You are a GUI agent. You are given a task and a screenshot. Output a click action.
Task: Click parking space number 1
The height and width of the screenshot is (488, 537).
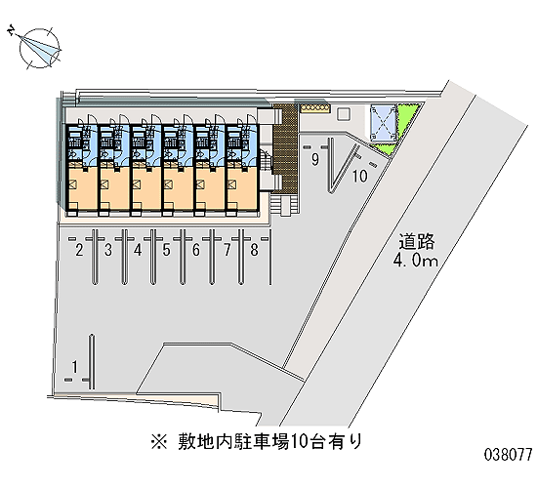74,366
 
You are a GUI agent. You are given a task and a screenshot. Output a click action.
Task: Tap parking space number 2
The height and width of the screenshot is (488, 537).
79,250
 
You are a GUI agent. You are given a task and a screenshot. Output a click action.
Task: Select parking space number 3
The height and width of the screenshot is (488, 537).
108,250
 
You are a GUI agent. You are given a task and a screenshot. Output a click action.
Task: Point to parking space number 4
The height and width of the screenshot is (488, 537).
138,250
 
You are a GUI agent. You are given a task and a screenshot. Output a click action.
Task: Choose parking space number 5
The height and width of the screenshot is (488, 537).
166,250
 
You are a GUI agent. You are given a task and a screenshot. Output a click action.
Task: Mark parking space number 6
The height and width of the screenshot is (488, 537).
196,250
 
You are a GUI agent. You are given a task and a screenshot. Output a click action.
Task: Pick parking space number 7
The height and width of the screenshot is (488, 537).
227,250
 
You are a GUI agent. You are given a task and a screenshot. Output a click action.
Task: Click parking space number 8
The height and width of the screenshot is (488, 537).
254,250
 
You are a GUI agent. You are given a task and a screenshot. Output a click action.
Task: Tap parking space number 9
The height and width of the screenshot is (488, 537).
315,160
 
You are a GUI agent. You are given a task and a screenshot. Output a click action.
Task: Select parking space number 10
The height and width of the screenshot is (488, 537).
360,176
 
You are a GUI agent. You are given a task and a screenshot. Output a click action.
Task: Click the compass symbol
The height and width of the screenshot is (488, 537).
37,47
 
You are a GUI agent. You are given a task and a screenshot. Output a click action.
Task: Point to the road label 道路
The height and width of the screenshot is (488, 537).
417,241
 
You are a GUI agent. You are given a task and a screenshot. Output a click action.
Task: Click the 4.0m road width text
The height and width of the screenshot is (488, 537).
415,261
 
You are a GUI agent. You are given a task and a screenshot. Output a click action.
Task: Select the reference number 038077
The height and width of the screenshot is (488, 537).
509,455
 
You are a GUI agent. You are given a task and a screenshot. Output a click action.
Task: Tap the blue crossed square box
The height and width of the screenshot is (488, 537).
384,123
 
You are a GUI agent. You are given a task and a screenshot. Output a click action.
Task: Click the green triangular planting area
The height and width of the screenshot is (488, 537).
400,130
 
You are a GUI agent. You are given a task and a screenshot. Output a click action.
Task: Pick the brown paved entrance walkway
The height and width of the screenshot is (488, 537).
285,148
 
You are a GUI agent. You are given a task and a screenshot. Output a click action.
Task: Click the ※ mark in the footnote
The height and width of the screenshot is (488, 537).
159,442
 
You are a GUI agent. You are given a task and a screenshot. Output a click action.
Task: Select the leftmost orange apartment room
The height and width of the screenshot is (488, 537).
83,187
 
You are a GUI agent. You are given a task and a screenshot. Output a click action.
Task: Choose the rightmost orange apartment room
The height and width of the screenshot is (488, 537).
241,187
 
